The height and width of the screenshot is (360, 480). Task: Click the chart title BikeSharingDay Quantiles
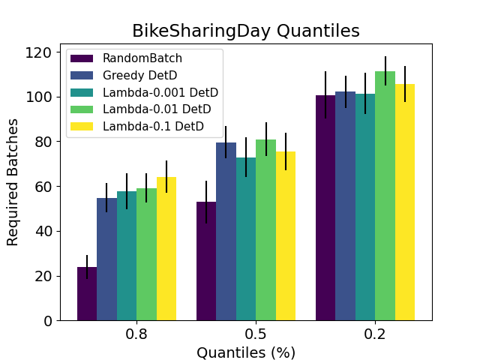pos(245,31)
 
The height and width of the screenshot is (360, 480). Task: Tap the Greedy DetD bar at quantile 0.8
pos(106,259)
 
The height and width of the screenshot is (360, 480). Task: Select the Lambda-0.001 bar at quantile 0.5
pos(246,239)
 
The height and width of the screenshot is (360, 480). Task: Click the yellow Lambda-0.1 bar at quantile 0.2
pos(405,202)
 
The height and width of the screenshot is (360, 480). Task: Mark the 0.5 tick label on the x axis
pos(256,334)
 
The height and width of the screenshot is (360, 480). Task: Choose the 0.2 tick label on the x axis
pos(375,334)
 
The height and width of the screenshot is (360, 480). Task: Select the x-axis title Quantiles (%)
pos(245,352)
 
